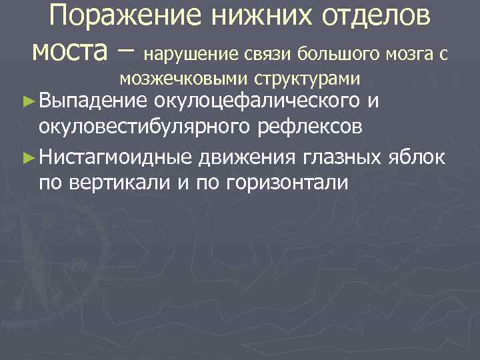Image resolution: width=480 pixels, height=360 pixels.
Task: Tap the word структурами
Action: coord(307,79)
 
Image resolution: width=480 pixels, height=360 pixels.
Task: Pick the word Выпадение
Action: coord(94,101)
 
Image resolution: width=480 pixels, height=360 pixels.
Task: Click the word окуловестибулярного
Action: coord(141,125)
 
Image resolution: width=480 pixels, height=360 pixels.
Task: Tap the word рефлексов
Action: coord(299,125)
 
